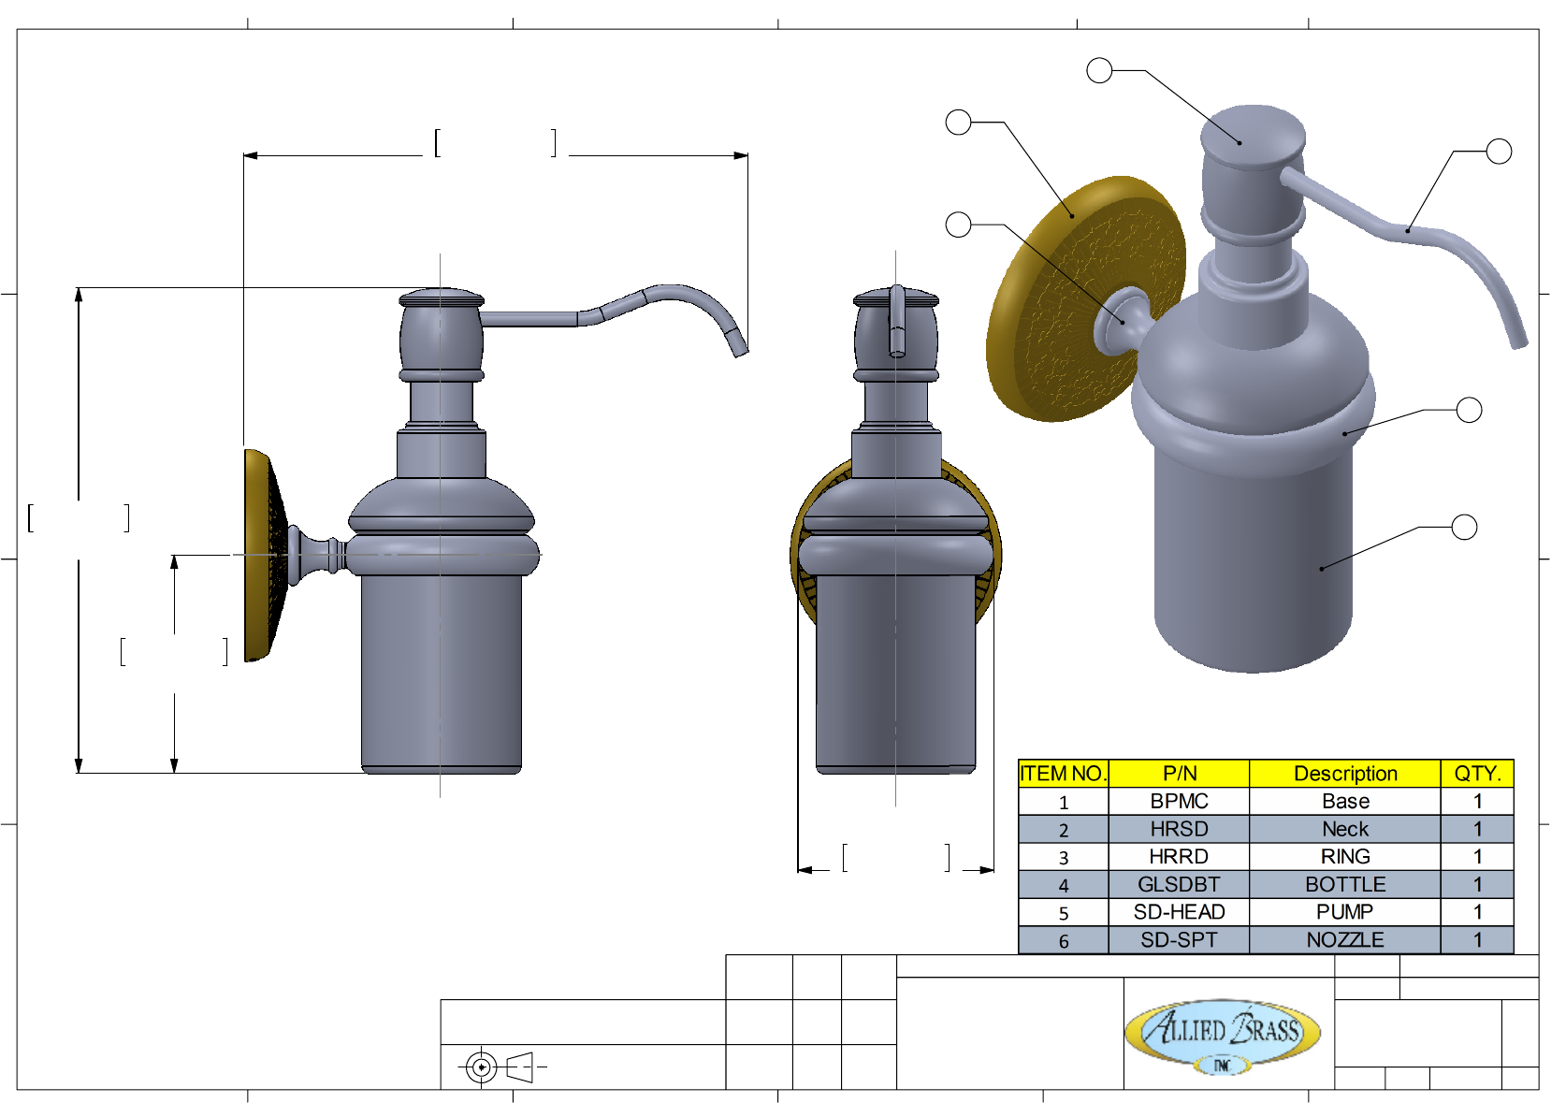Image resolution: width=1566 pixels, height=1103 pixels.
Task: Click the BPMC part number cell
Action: (x=1179, y=801)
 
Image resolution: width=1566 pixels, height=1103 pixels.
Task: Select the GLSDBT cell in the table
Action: (x=1179, y=884)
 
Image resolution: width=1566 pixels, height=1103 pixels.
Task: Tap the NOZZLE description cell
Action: (x=1345, y=939)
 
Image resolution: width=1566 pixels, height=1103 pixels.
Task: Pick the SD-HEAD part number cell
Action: (x=1179, y=912)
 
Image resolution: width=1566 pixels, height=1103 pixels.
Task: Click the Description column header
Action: (x=1345, y=773)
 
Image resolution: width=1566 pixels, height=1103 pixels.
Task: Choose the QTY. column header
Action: (x=1477, y=773)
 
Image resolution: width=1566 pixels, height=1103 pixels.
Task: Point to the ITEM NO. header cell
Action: (x=1064, y=773)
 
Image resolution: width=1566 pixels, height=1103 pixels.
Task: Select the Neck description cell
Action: (x=1345, y=829)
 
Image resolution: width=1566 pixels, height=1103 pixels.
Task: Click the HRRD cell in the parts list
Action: (x=1179, y=856)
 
